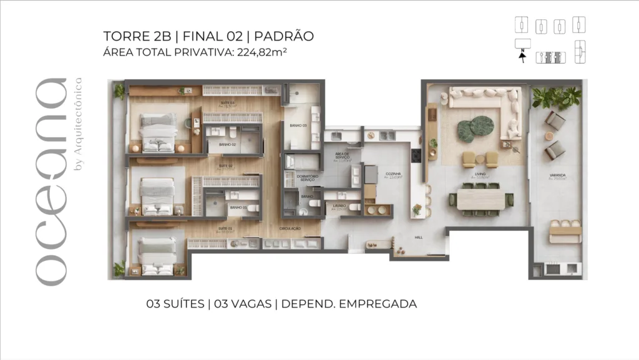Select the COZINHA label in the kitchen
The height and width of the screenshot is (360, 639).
(x=393, y=174)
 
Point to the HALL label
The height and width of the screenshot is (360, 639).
(x=419, y=237)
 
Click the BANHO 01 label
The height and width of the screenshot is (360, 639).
(x=238, y=208)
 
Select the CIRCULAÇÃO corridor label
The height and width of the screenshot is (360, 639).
(x=290, y=229)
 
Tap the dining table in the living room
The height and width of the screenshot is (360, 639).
(x=480, y=199)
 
